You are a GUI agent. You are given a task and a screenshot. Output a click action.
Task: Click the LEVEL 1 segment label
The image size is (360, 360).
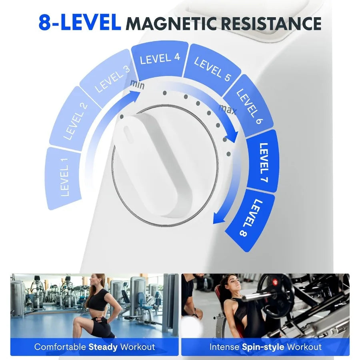coord(64,178)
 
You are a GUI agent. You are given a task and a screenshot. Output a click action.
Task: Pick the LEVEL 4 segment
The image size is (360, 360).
coord(160,59)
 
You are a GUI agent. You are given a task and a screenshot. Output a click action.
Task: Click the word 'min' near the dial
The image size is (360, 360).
coord(136,85)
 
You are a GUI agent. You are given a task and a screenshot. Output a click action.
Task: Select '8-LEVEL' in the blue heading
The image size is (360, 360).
coord(80,23)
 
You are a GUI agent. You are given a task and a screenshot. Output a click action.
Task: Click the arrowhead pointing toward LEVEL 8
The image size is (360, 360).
coord(218,219)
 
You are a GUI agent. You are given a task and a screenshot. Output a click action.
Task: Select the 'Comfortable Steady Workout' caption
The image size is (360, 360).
coord(94,347)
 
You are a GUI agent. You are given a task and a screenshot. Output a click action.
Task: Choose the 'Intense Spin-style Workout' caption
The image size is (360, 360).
coord(265,347)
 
